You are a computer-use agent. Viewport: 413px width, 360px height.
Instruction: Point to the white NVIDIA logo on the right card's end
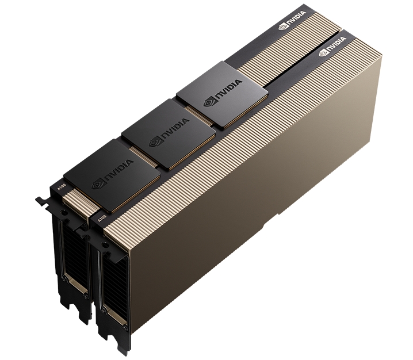333,50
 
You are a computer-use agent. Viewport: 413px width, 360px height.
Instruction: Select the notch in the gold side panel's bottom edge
280,215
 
